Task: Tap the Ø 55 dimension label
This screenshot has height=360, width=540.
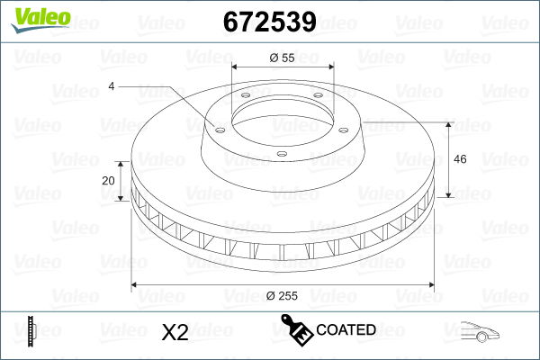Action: pyautogui.click(x=283, y=57)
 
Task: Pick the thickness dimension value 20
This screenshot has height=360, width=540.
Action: pyautogui.click(x=110, y=180)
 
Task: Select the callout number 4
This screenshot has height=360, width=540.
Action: pyautogui.click(x=112, y=86)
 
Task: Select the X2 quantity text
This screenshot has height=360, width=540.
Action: pyautogui.click(x=175, y=332)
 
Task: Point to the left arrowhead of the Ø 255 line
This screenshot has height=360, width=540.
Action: pyautogui.click(x=135, y=285)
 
